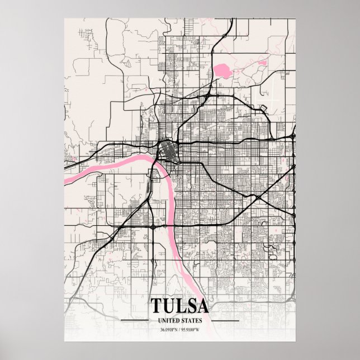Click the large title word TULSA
click(x=179, y=306)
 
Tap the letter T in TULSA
click(x=156, y=306)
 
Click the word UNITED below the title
click(x=169, y=320)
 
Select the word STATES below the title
click(x=191, y=320)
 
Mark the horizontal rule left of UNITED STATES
click(x=138, y=320)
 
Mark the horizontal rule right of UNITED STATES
click(x=221, y=320)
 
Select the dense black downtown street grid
click(x=167, y=150)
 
